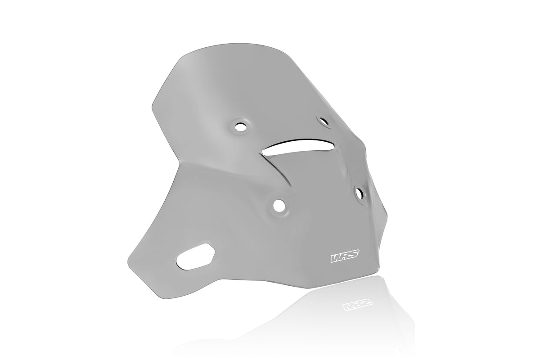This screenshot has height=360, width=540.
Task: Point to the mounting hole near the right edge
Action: [360, 193]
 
